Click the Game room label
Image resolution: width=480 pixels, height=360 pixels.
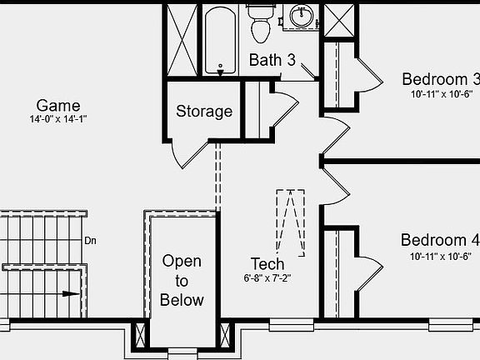coord(58,106)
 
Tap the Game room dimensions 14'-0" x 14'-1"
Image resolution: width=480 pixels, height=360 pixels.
coord(58,119)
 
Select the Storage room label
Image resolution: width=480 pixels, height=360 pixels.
coord(204,112)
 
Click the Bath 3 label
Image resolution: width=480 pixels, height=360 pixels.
coord(272,60)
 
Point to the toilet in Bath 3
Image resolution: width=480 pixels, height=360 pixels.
coord(261,23)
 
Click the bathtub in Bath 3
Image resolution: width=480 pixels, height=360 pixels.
coord(220,40)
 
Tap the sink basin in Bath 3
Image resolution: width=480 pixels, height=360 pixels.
coord(302,16)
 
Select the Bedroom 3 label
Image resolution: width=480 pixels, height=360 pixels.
coord(441,79)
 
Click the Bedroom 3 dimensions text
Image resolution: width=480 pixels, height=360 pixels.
coord(441,94)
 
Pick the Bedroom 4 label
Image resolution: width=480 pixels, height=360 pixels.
coord(440,240)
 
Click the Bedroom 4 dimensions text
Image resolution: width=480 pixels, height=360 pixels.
coord(441,256)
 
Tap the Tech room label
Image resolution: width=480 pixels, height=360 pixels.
coord(267,264)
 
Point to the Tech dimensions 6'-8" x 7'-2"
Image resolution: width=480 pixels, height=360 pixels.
coord(267,278)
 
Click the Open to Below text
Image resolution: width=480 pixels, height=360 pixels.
coord(182,280)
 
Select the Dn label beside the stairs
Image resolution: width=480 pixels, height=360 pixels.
coord(90,241)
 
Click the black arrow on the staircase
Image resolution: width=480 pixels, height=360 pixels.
coord(71,294)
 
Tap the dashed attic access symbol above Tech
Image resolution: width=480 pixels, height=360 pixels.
coord(291,222)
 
